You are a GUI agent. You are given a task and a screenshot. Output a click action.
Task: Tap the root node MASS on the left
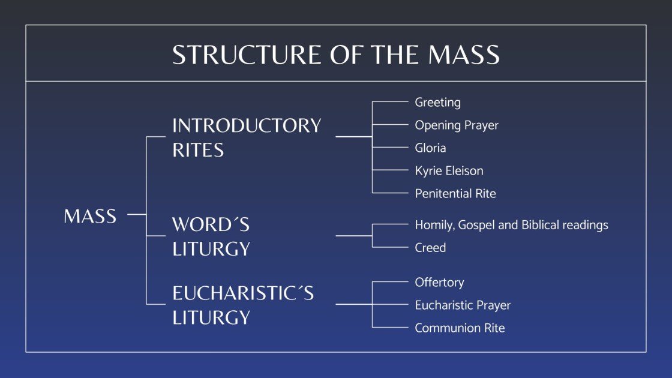coord(90,217)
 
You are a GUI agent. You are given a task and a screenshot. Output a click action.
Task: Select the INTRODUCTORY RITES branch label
coord(247,137)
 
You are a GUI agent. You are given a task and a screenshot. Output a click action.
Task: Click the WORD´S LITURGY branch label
coord(211,236)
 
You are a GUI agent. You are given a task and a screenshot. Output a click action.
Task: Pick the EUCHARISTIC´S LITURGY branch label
coord(243,305)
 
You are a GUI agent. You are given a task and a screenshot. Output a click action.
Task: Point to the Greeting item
coord(437,102)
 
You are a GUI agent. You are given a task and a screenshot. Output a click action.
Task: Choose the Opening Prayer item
coord(456,125)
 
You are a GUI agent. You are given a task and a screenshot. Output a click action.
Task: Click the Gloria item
coord(430,148)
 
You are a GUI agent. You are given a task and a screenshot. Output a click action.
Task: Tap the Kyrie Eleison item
coord(449,170)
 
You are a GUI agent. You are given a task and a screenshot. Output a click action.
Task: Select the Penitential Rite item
coord(455,193)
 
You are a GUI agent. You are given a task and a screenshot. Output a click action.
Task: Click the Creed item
coord(430,247)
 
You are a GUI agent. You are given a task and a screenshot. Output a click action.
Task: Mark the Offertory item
coord(439,282)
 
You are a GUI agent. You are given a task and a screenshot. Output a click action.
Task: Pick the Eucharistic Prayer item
coord(463,305)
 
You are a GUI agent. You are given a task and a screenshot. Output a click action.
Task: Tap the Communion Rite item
coord(460,328)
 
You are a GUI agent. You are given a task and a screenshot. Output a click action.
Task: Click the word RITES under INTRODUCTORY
coord(198,149)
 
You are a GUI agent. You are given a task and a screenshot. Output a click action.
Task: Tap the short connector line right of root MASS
coord(137,214)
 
